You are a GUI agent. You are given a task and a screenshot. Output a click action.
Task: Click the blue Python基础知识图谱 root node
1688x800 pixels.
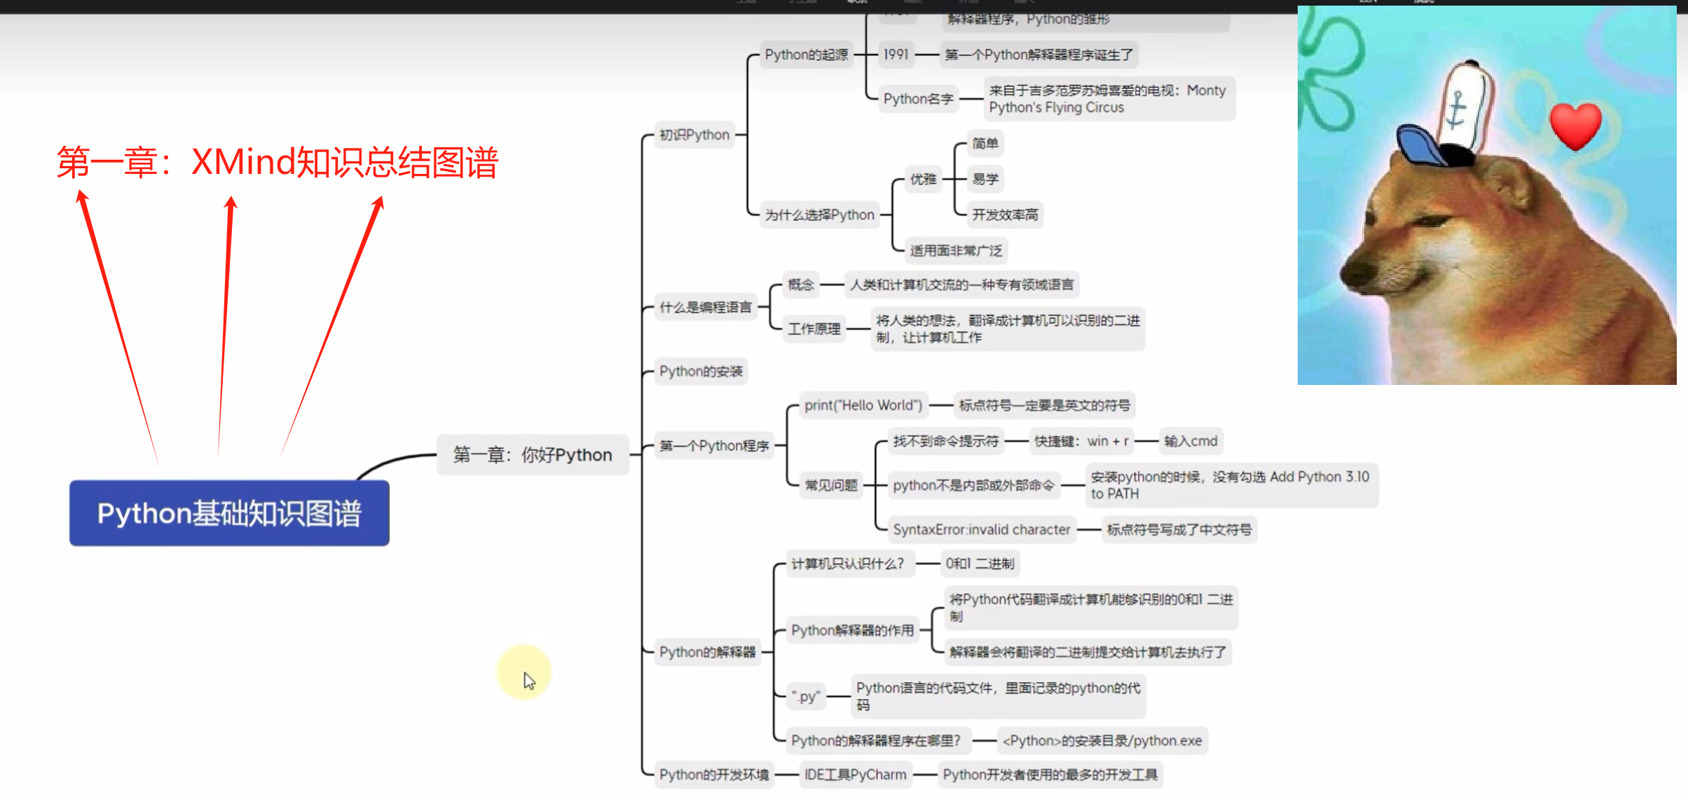(229, 513)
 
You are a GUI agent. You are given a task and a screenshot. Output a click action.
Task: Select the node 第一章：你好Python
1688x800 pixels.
(533, 455)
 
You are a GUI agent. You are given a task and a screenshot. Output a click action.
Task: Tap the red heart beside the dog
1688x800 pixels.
(1576, 125)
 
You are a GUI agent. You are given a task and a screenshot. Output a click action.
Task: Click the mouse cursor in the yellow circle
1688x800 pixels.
(528, 678)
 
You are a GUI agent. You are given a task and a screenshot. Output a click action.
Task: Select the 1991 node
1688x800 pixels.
(896, 55)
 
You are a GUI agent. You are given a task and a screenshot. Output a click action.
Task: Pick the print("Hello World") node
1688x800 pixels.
(863, 405)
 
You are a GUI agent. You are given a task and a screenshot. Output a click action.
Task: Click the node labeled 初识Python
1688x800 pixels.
(694, 135)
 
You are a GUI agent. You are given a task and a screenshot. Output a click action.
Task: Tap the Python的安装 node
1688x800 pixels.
(701, 371)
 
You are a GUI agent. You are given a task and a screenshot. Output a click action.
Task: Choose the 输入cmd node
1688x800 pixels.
(1190, 441)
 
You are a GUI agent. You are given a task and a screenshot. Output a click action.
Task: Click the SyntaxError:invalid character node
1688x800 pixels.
(981, 529)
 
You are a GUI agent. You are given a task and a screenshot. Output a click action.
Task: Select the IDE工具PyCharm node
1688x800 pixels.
(855, 775)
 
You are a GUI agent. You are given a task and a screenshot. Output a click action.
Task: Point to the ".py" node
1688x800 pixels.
(806, 697)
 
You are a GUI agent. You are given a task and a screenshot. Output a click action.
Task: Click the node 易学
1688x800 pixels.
(985, 179)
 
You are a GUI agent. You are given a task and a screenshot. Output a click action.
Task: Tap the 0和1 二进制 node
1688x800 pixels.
(980, 564)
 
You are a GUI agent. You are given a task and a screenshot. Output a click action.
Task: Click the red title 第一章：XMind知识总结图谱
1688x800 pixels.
(277, 163)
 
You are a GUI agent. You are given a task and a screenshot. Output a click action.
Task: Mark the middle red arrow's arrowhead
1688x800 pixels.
(231, 203)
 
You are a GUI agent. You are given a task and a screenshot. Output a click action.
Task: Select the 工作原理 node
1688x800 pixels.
(814, 329)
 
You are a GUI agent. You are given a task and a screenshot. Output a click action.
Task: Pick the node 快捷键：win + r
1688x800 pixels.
(1081, 441)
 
